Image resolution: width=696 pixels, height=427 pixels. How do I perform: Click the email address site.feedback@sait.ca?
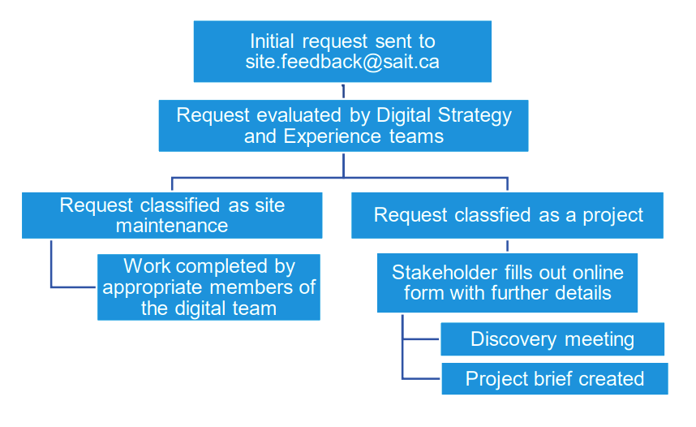(342, 63)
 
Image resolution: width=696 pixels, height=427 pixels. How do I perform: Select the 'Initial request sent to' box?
(342, 51)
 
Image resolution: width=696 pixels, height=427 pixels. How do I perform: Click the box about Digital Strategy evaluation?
(343, 125)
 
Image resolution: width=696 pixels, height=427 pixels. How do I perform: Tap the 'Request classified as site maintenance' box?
(172, 214)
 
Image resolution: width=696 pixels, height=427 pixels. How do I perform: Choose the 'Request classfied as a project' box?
(507, 215)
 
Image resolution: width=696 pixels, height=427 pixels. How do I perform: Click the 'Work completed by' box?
(208, 287)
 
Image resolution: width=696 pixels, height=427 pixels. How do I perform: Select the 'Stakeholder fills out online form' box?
(507, 282)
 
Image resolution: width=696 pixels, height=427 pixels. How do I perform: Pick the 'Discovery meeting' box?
(552, 339)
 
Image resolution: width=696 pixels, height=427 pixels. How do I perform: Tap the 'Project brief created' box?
(554, 378)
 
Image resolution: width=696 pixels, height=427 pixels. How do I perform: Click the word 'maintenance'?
(172, 226)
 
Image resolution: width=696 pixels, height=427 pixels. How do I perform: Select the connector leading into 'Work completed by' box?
(73, 287)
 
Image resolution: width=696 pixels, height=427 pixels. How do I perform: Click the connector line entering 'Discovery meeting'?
(421, 339)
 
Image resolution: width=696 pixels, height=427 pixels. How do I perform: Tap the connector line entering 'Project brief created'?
(421, 378)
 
